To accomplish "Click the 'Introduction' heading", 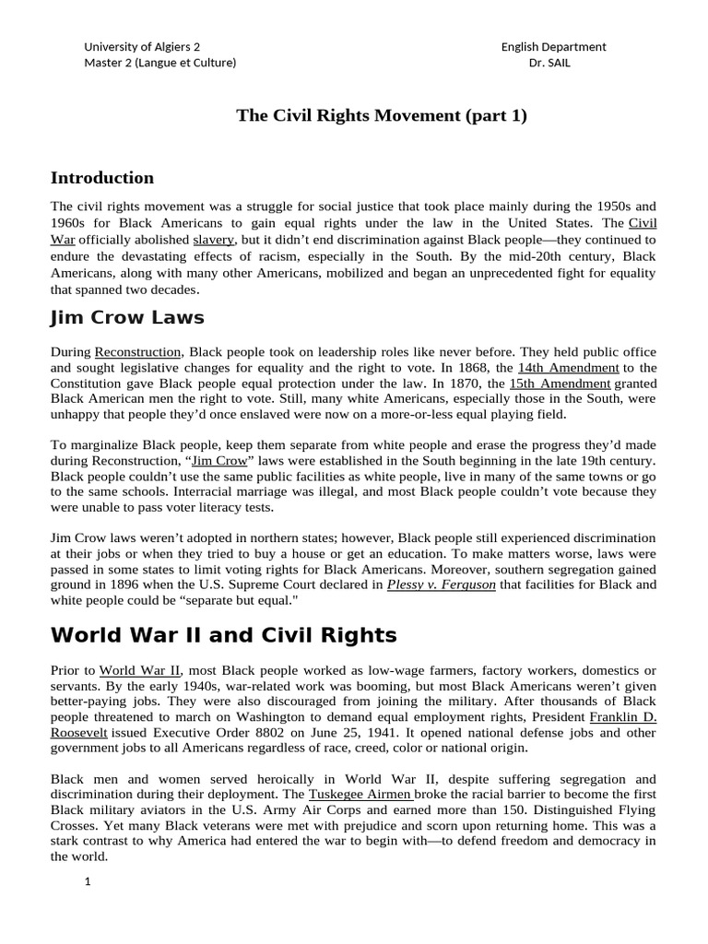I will coord(102,178).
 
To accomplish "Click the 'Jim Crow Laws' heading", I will coord(127,319).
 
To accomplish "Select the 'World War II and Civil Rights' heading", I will coord(224,635).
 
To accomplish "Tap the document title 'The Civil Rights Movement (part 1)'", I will coord(382,115).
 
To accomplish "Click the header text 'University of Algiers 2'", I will coord(141,47).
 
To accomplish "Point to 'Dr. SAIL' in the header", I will coord(553,63).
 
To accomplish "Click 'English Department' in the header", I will coord(553,47).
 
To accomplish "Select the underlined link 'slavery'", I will coord(214,240).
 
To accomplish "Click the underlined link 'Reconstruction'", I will coord(138,352).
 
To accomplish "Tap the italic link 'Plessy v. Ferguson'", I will coord(442,584).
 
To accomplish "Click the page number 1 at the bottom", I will coord(88,881).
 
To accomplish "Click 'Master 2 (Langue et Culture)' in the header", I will coord(159,63).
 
